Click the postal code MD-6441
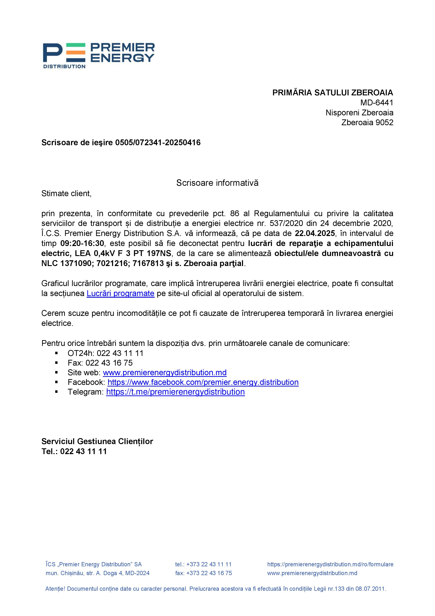[x=377, y=103]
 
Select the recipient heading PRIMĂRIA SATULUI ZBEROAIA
[x=332, y=93]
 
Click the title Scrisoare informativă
[x=217, y=183]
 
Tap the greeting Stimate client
[x=66, y=194]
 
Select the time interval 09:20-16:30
[x=82, y=243]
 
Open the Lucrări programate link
[x=120, y=293]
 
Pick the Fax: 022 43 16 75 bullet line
[x=100, y=363]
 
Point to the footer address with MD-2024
[x=97, y=573]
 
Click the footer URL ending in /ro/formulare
[x=330, y=565]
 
